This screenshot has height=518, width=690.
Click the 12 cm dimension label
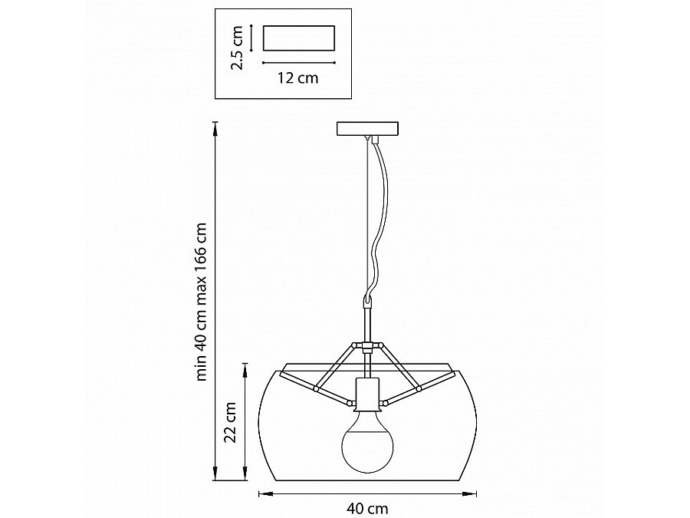[297, 78]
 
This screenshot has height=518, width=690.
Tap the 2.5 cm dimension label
[237, 48]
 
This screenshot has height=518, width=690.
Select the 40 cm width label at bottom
[367, 510]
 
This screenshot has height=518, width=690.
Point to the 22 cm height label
[229, 422]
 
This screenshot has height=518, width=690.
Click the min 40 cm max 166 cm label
[201, 302]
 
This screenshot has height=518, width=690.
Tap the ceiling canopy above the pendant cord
[367, 129]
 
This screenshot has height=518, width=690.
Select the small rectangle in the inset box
[299, 38]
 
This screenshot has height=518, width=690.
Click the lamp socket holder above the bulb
[367, 391]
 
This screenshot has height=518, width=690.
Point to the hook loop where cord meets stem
[367, 302]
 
